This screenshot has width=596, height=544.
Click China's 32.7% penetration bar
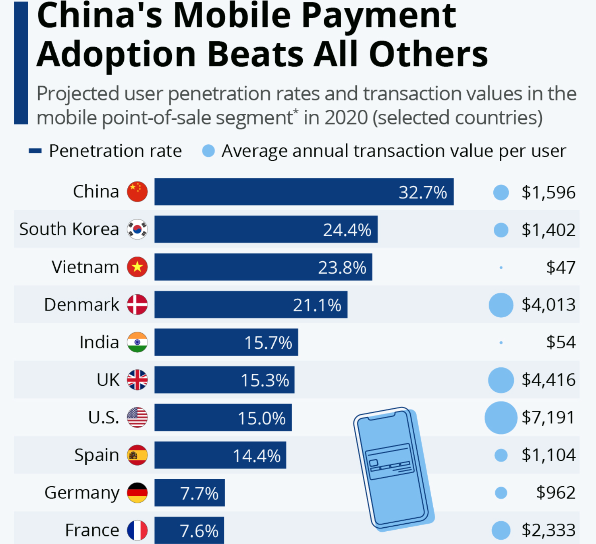click(x=304, y=192)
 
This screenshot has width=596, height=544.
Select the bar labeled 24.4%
click(x=266, y=229)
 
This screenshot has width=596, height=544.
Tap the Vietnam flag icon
click(x=137, y=267)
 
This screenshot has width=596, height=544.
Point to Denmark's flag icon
click(x=137, y=305)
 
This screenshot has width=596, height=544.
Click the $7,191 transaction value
click(x=548, y=418)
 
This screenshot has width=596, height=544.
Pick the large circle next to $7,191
click(x=501, y=418)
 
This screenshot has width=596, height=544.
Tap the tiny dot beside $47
click(x=501, y=268)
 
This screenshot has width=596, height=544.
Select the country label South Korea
click(x=69, y=229)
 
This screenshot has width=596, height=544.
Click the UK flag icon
click(x=137, y=380)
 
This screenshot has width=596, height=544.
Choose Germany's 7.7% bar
click(x=189, y=493)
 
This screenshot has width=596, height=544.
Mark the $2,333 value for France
click(x=548, y=530)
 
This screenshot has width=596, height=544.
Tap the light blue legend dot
click(x=208, y=151)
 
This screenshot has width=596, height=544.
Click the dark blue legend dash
click(x=35, y=151)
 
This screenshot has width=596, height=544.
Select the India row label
click(x=99, y=342)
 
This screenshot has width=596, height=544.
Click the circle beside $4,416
click(x=501, y=380)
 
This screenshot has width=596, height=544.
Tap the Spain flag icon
click(x=137, y=455)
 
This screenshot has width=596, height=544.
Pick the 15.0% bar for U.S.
click(x=223, y=418)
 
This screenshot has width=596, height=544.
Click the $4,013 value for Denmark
click(x=548, y=305)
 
